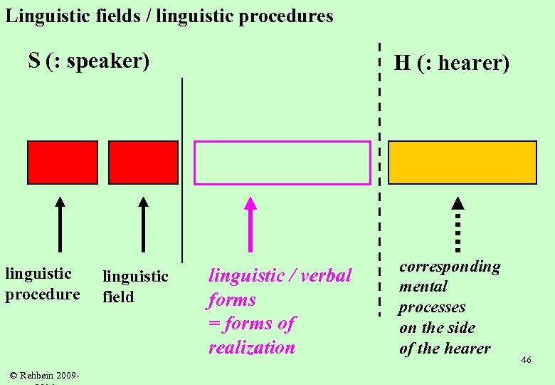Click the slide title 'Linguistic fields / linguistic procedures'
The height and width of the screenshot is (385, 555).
point(169,16)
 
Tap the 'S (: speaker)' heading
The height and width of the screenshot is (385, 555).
point(89,61)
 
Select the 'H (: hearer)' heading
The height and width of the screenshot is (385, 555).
point(452,63)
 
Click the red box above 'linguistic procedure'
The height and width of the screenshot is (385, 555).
point(63,163)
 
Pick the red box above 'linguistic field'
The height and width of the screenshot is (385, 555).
point(143,163)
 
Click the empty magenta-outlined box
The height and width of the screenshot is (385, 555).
point(282,163)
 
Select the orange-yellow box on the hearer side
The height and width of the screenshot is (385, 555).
point(462,163)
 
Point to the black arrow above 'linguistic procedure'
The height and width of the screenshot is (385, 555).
point(60,224)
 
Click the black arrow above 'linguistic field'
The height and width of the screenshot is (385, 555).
point(143,224)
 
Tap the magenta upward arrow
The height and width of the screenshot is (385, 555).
point(250,224)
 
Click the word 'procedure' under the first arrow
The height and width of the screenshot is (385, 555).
point(43,294)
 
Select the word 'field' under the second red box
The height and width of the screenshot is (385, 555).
point(118,297)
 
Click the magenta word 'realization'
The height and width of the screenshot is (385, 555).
point(251,348)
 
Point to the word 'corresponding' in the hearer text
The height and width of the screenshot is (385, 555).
point(450,267)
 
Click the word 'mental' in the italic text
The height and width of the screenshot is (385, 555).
point(423,287)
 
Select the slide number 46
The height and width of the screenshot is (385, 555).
point(526,360)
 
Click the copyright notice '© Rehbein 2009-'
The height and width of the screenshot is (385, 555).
point(44,375)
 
